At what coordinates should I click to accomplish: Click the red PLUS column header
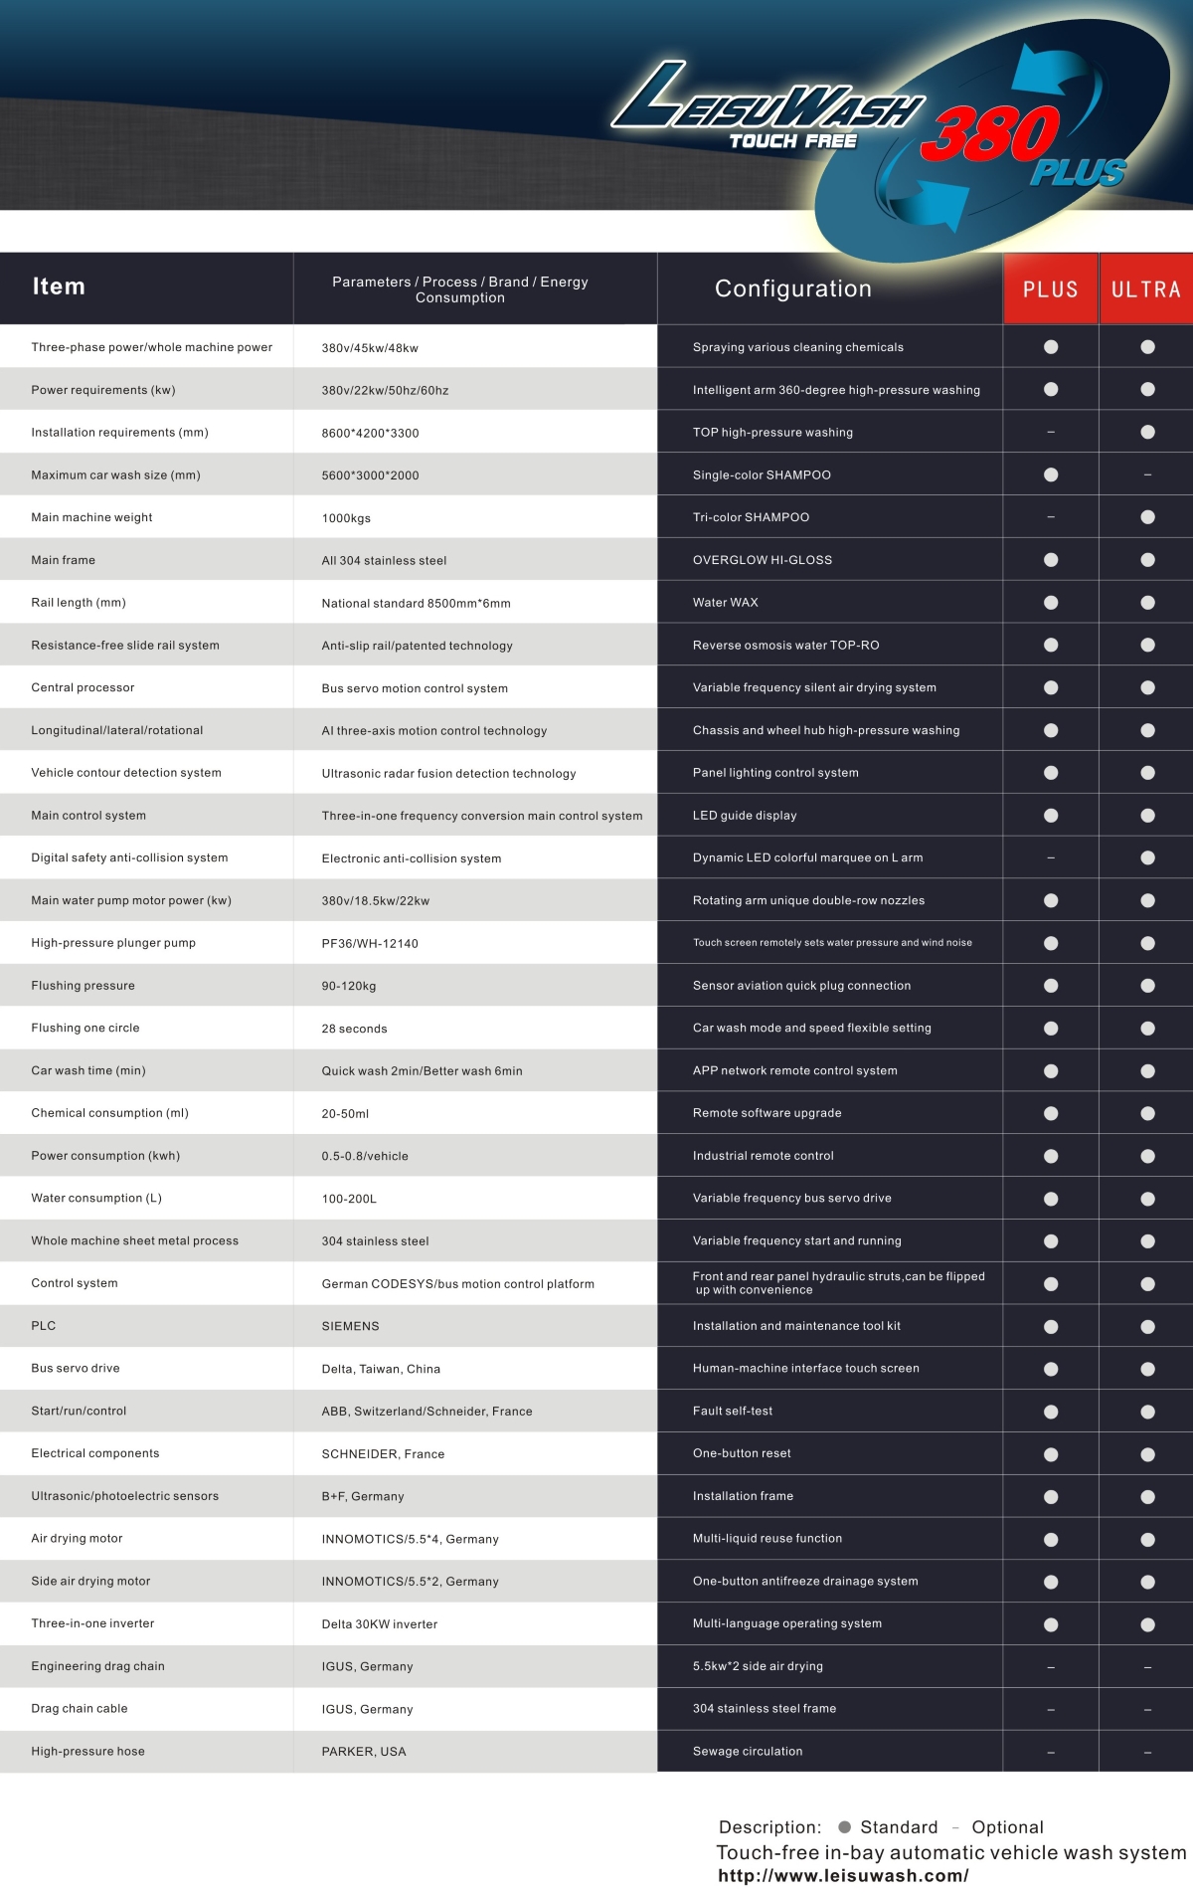1050,289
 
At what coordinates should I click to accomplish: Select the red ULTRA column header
1145,289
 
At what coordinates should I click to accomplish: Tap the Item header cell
59,287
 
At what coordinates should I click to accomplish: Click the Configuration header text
792,288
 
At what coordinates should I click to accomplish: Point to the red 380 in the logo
989,135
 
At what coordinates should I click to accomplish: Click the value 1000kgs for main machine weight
346,518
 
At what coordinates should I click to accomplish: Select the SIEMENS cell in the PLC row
350,1326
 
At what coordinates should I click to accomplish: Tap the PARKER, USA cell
364,1752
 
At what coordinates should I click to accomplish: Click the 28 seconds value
354,1029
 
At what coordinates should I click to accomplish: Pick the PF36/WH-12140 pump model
370,944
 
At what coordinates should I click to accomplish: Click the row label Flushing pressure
83,986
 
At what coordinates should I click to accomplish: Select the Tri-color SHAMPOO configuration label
751,517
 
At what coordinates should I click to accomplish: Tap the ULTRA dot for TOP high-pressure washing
1147,433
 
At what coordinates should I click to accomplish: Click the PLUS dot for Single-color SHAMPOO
1051,475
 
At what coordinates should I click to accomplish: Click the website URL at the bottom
842,1876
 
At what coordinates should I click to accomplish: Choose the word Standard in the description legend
899,1827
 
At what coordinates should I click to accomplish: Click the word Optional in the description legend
1007,1827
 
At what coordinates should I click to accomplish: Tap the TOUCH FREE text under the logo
792,141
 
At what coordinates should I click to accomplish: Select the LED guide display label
745,816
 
